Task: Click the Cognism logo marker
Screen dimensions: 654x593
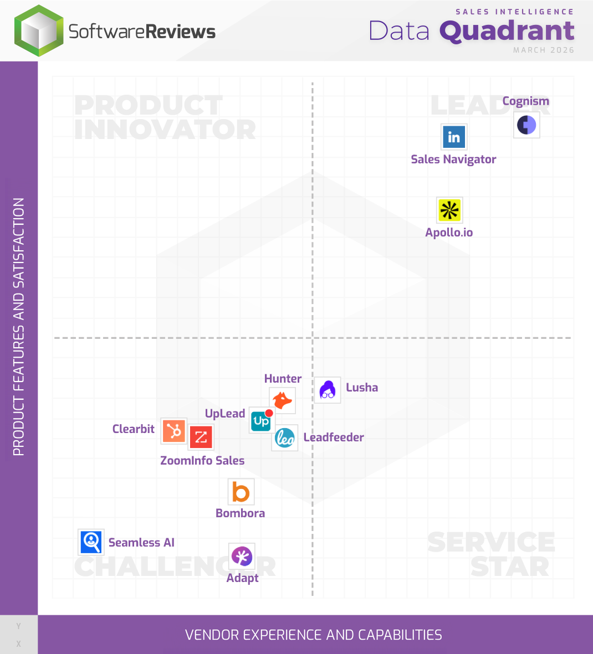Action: coord(526,125)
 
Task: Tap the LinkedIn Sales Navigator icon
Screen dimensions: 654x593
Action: coord(454,137)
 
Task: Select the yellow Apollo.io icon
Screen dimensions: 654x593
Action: coord(449,210)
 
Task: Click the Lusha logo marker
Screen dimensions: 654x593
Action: coord(328,390)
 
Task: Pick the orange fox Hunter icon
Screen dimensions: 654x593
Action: coord(282,400)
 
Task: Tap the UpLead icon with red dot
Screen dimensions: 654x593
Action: coord(262,421)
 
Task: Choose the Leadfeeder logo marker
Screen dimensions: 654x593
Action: coord(285,438)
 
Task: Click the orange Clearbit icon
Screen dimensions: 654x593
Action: coord(174,431)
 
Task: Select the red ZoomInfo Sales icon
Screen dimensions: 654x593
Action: coord(201,437)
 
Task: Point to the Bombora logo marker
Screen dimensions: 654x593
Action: coord(241,492)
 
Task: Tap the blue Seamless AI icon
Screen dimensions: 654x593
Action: coord(91,542)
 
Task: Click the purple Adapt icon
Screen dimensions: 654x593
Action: coord(242,556)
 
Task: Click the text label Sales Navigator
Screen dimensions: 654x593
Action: coord(453,159)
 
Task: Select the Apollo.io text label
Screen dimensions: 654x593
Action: coord(449,233)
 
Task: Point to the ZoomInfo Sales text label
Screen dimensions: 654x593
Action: coord(202,461)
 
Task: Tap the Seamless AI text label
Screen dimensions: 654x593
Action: coord(141,543)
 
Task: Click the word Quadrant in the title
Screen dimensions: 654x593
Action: coord(507,31)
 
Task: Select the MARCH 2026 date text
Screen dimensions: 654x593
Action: coord(543,50)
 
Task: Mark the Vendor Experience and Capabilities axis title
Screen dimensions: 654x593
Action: coord(314,635)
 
